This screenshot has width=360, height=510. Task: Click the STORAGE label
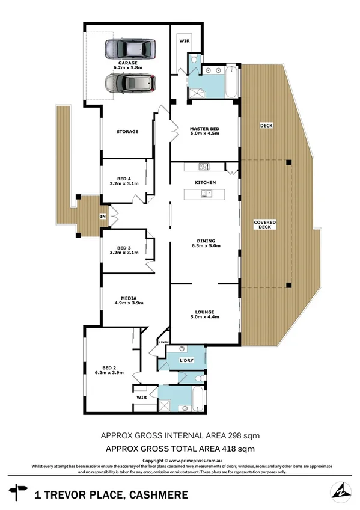pyautogui.click(x=127, y=131)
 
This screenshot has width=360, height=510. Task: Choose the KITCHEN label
pyautogui.click(x=205, y=182)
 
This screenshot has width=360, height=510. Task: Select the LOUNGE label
pyautogui.click(x=204, y=312)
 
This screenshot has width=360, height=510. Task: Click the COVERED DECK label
pyautogui.click(x=265, y=224)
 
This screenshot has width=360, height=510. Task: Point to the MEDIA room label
pyautogui.click(x=128, y=298)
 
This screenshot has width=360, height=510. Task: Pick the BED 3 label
pyautogui.click(x=124, y=248)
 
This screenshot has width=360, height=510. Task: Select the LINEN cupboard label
pyautogui.click(x=163, y=342)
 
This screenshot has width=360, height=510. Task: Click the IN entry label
pyautogui.click(x=103, y=217)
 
